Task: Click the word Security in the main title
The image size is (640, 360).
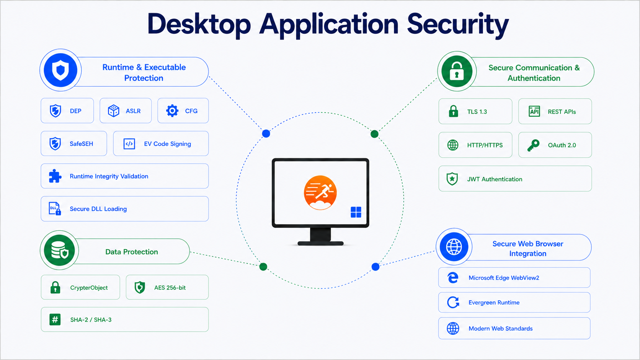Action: pyautogui.click(x=458, y=25)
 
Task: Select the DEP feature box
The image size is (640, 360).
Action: pyautogui.click(x=67, y=111)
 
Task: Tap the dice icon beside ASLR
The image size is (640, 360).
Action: pyautogui.click(x=113, y=111)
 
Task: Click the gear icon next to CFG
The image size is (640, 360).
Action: pyautogui.click(x=172, y=111)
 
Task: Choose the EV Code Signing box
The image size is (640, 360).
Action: pyautogui.click(x=161, y=143)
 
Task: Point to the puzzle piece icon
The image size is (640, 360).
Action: pyautogui.click(x=55, y=176)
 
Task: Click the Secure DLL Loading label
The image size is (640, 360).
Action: pyautogui.click(x=98, y=209)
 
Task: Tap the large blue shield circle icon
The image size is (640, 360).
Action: pyautogui.click(x=60, y=70)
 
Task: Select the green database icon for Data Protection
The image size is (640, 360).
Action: pyautogui.click(x=59, y=250)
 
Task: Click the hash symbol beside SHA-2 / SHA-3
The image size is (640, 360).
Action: pyautogui.click(x=55, y=319)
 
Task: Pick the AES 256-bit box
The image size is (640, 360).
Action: pyautogui.click(x=167, y=287)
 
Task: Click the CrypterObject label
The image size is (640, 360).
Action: pyautogui.click(x=89, y=288)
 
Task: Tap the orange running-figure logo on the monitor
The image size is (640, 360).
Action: pyautogui.click(x=320, y=193)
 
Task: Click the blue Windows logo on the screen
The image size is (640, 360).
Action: pyautogui.click(x=356, y=212)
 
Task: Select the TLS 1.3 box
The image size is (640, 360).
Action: pyautogui.click(x=475, y=111)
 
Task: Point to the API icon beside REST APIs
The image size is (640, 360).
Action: pyautogui.click(x=534, y=111)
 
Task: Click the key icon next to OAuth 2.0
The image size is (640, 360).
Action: pyautogui.click(x=533, y=145)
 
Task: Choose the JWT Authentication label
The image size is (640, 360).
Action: pyautogui.click(x=495, y=179)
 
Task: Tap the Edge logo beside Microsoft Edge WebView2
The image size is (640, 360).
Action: pyautogui.click(x=453, y=277)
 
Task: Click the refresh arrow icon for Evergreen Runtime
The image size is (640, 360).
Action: pyautogui.click(x=453, y=302)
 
